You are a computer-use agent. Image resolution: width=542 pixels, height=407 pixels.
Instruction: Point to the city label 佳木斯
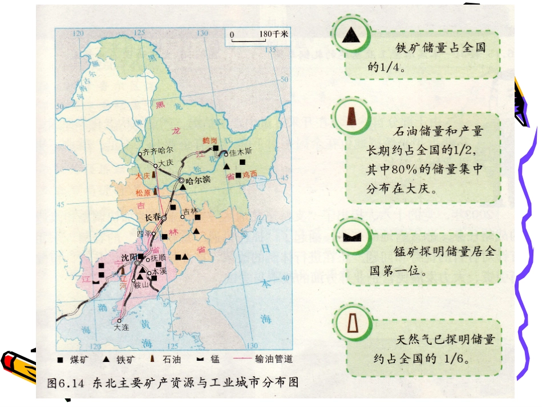click(x=240, y=152)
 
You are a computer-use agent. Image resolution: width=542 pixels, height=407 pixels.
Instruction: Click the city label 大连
click(x=122, y=328)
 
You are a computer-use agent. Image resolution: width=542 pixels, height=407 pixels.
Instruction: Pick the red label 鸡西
click(x=250, y=174)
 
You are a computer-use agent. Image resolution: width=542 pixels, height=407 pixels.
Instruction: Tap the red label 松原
click(x=143, y=193)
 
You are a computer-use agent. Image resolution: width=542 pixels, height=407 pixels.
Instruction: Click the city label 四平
click(x=143, y=233)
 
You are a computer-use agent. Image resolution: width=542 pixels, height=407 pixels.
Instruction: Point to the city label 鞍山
click(x=140, y=285)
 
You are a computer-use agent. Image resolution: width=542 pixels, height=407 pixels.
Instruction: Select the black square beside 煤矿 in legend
click(x=60, y=360)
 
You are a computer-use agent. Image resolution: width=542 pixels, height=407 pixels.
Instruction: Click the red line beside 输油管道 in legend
click(x=242, y=360)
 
